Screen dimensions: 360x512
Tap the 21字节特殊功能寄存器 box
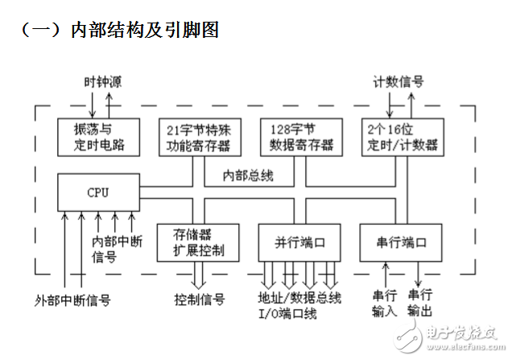click(x=197, y=137)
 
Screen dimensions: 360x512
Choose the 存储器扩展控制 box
click(x=197, y=242)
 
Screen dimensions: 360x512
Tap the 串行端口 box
click(x=401, y=242)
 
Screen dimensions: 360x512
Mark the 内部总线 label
click(x=250, y=174)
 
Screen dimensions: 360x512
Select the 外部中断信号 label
click(x=73, y=300)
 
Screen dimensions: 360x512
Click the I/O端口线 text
click(x=288, y=312)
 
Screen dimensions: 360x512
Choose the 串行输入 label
click(x=384, y=304)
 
